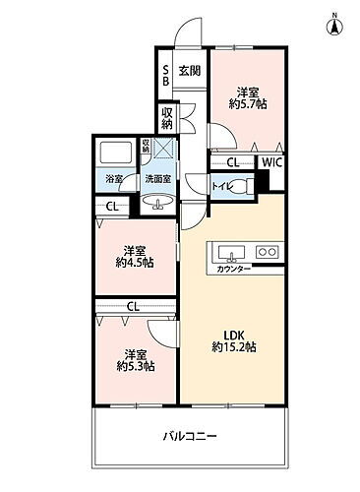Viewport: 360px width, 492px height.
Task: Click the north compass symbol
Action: click(x=334, y=25)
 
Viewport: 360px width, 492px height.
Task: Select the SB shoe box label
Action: click(x=167, y=75)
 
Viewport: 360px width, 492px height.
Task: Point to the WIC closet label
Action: click(x=272, y=162)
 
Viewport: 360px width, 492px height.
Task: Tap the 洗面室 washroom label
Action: click(x=158, y=179)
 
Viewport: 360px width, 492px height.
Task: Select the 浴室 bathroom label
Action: click(x=115, y=179)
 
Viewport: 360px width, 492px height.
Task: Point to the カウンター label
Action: click(x=233, y=268)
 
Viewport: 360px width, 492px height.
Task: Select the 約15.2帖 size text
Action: click(x=234, y=347)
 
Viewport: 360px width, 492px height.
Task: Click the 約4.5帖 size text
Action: click(x=136, y=263)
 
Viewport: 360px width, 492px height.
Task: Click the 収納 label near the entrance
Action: click(x=168, y=119)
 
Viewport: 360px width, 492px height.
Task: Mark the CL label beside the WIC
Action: click(x=233, y=163)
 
